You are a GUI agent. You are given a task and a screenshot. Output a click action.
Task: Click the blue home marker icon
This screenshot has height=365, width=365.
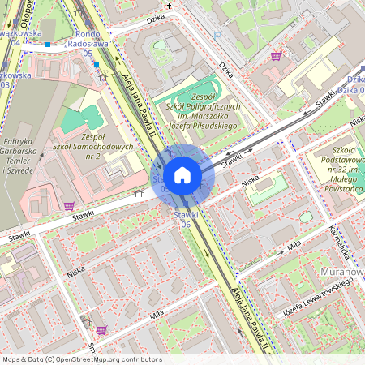(x=182, y=174)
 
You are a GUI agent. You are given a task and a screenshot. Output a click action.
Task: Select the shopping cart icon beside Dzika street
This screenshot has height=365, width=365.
(x=276, y=56)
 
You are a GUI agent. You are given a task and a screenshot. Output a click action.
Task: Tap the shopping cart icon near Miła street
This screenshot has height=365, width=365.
(x=101, y=330)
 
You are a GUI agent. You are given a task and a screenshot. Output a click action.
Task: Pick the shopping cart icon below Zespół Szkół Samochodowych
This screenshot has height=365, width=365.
(x=69, y=206)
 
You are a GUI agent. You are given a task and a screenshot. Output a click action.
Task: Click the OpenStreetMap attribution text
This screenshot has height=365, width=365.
(x=81, y=359)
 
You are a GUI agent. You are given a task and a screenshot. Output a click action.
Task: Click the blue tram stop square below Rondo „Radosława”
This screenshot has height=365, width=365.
(x=97, y=64)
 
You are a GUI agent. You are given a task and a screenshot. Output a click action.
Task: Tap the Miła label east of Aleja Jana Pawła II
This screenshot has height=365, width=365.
(x=294, y=243)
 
